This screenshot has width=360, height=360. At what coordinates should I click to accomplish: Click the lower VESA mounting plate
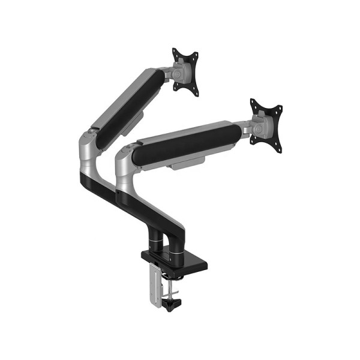(x=266, y=122)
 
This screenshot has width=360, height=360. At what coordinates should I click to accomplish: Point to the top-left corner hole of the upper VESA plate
(x=176, y=52)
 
